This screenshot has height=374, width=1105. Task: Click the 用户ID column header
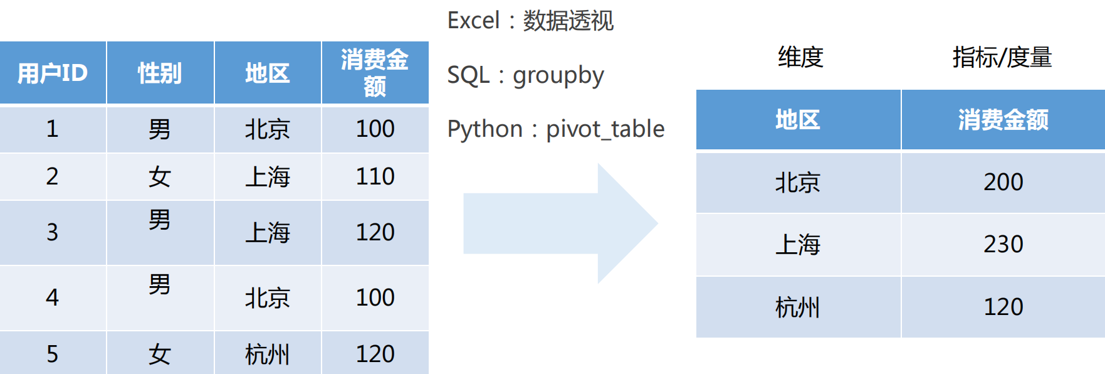click(x=53, y=73)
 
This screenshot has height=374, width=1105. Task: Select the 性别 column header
click(x=160, y=73)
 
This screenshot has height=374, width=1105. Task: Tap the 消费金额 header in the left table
click(x=375, y=73)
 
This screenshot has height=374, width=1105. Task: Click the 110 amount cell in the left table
click(x=375, y=176)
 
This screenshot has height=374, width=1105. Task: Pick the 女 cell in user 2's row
click(x=160, y=176)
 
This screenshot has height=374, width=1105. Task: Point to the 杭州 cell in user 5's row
click(x=268, y=354)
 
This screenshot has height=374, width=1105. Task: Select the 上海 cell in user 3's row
click(x=268, y=232)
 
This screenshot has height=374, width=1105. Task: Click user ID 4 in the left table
click(x=53, y=297)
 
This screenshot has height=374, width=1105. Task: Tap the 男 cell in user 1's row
click(x=160, y=129)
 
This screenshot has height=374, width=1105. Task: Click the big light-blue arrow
click(x=560, y=223)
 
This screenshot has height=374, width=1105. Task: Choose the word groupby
click(x=558, y=75)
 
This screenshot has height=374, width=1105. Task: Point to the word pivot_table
click(x=605, y=129)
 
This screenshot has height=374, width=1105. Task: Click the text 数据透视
click(x=568, y=21)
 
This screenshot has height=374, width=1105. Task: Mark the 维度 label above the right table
click(x=800, y=57)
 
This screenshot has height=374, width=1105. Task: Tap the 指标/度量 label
click(x=1002, y=57)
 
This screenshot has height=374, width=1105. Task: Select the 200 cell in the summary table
click(x=1003, y=182)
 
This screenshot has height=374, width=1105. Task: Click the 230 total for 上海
click(x=1003, y=244)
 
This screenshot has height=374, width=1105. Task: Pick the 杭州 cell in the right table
click(x=798, y=307)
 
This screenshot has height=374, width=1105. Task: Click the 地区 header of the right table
click(x=798, y=119)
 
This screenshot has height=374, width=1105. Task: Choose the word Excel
click(x=473, y=21)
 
